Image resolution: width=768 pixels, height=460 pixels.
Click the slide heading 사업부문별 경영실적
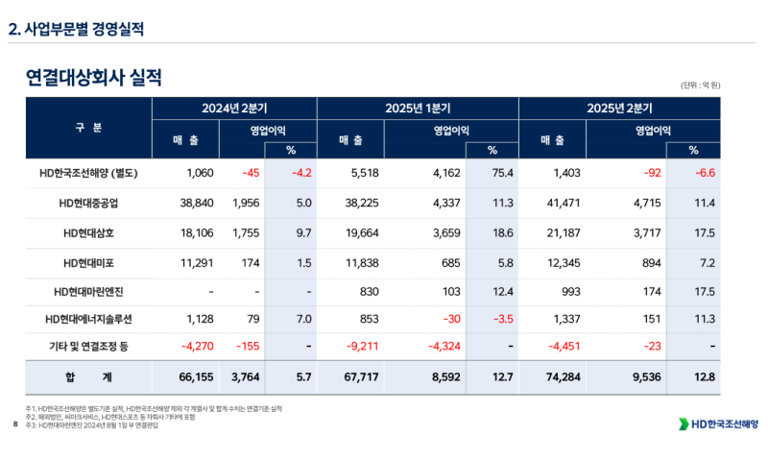(x=76, y=29)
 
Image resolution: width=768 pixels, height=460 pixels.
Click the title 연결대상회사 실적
(x=94, y=77)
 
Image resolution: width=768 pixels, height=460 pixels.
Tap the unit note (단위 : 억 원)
(x=701, y=85)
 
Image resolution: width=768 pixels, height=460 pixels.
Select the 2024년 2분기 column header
(x=234, y=108)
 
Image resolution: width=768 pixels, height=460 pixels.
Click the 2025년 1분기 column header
(x=418, y=108)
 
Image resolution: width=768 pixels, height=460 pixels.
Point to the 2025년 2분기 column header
(x=620, y=108)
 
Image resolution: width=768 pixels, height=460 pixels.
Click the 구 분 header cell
(x=88, y=128)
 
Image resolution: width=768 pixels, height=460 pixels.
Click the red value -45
(x=252, y=174)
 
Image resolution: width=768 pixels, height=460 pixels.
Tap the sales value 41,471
(x=560, y=203)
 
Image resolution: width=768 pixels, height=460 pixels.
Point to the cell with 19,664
(x=358, y=233)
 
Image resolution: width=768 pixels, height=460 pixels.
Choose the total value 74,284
(x=559, y=377)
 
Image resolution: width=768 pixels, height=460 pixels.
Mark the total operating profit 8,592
(x=443, y=377)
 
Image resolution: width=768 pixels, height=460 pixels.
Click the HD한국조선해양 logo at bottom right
(x=718, y=424)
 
